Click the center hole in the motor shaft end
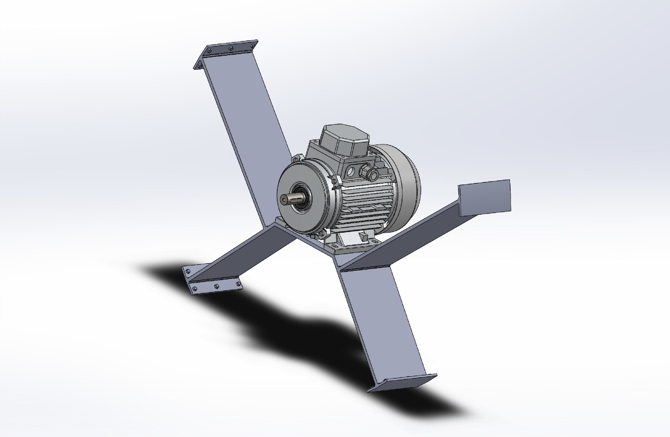tap(284, 200)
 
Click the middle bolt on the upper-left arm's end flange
tap(231, 48)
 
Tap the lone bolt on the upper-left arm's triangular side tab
tap(200, 66)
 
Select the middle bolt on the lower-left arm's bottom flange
tap(216, 286)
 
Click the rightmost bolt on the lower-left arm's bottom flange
tap(238, 283)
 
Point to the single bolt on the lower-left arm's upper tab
tap(188, 271)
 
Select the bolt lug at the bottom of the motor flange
tap(321, 234)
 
